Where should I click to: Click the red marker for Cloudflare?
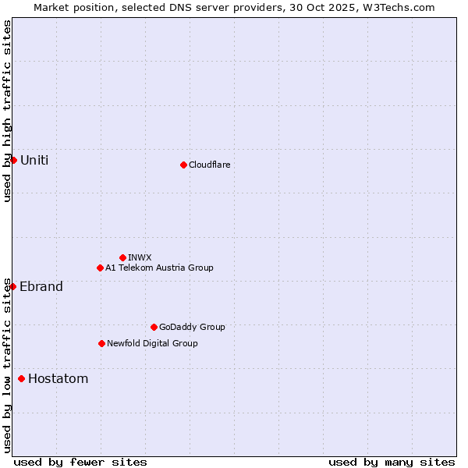(183, 165)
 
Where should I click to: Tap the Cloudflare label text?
(209, 165)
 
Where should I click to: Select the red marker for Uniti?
(13, 160)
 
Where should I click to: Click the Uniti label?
(34, 160)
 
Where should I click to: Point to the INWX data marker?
(122, 257)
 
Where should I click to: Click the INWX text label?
(140, 257)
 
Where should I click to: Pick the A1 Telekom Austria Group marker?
(100, 268)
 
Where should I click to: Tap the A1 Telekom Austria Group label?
(159, 268)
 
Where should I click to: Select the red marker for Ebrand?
(12, 286)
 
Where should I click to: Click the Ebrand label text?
(41, 286)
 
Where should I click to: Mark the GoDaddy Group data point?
(154, 327)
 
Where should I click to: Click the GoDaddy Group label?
(192, 327)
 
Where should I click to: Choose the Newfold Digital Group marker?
(101, 343)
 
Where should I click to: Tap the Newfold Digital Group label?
(152, 343)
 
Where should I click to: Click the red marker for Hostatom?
(21, 379)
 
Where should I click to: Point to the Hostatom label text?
(58, 379)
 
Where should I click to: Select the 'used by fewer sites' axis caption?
(80, 462)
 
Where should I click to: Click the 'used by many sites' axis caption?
(392, 462)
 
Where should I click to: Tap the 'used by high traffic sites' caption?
(7, 111)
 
